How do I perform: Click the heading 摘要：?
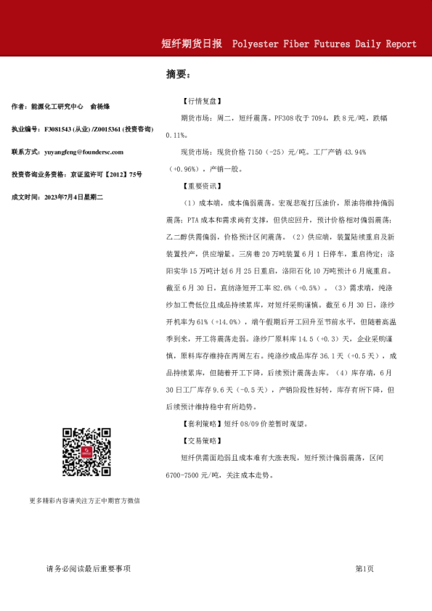pyautogui.click(x=178, y=74)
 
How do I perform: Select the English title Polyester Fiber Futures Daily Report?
pyautogui.click(x=325, y=44)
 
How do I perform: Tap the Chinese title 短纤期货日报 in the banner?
pyautogui.click(x=192, y=44)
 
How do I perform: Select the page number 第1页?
pyautogui.click(x=364, y=568)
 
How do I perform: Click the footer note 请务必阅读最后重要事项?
pyautogui.click(x=88, y=568)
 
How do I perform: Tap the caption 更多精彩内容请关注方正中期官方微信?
pyautogui.click(x=84, y=501)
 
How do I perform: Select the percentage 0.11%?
pyautogui.click(x=178, y=135)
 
